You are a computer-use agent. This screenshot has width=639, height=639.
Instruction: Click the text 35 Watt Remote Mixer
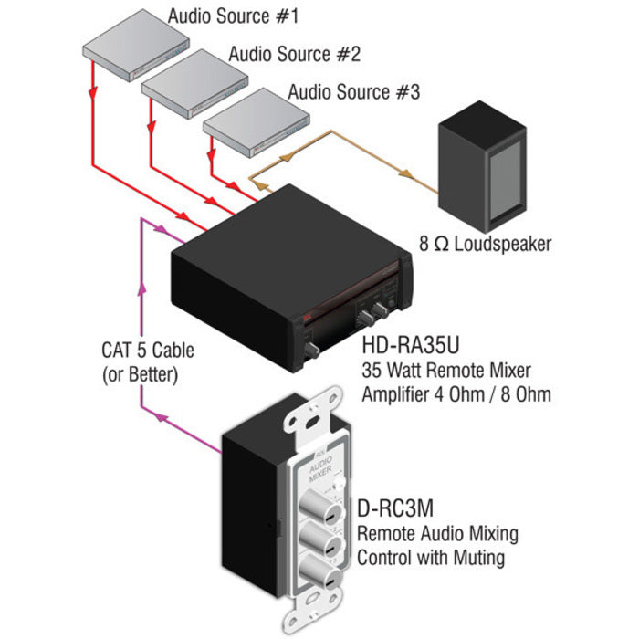pyautogui.click(x=446, y=372)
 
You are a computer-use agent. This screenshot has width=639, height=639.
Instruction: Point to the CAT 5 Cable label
pyautogui.click(x=148, y=351)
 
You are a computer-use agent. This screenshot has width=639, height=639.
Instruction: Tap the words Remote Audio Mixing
pyautogui.click(x=437, y=533)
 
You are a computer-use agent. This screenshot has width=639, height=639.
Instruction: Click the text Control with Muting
pyautogui.click(x=431, y=556)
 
